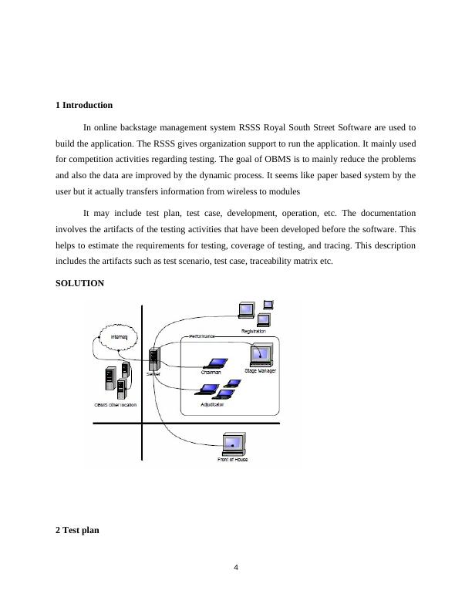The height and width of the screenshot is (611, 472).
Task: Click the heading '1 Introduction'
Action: pyautogui.click(x=84, y=105)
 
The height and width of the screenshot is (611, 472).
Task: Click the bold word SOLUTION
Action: pyautogui.click(x=79, y=283)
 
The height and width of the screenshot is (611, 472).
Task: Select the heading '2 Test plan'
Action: pyautogui.click(x=77, y=531)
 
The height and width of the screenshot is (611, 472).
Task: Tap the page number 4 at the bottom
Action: pyautogui.click(x=236, y=568)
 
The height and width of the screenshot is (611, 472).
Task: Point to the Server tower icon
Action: pyautogui.click(x=154, y=360)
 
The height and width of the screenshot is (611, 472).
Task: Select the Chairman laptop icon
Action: pyautogui.click(x=213, y=363)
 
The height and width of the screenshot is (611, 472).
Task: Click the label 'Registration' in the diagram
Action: pyautogui.click(x=253, y=331)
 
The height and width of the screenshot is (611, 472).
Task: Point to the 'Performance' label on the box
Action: pyautogui.click(x=202, y=336)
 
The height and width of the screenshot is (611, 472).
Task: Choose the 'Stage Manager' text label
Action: pyautogui.click(x=260, y=371)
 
